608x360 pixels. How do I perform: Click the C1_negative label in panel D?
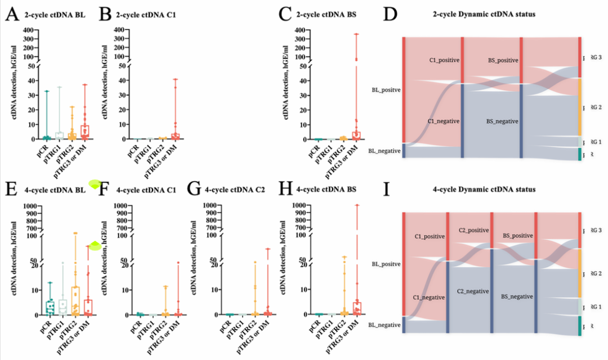coord(444,120)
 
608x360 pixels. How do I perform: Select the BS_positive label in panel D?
coord(503,59)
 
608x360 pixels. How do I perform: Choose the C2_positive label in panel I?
coord(473,231)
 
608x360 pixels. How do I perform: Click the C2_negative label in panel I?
coord(473,291)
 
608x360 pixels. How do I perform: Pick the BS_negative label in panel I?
coord(517,295)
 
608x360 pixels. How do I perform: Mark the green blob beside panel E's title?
coord(95,183)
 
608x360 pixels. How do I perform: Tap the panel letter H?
coord(292,190)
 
